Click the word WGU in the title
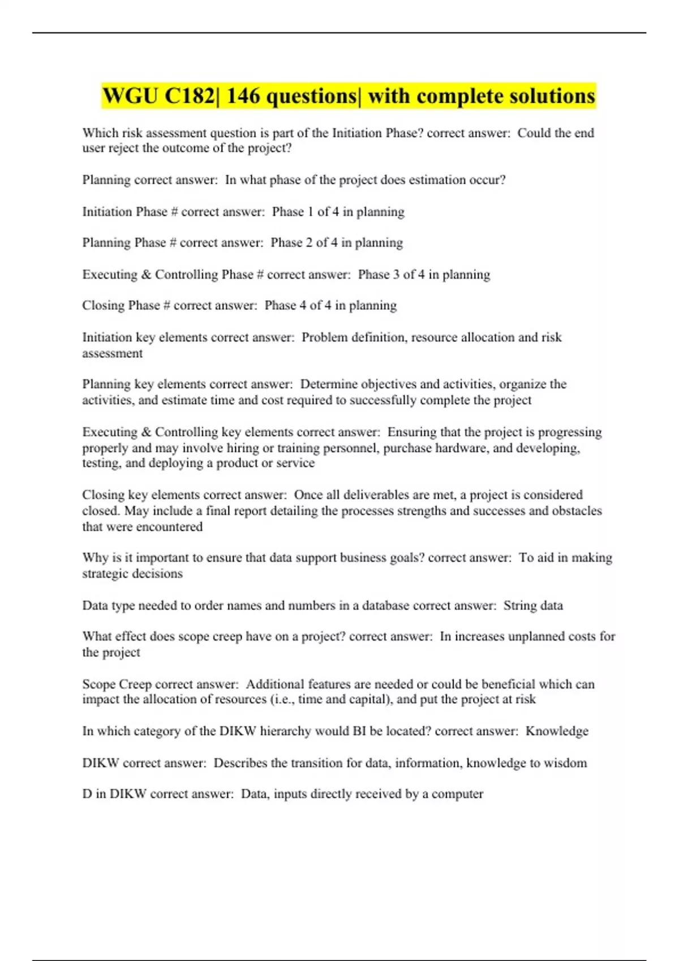coord(130,96)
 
